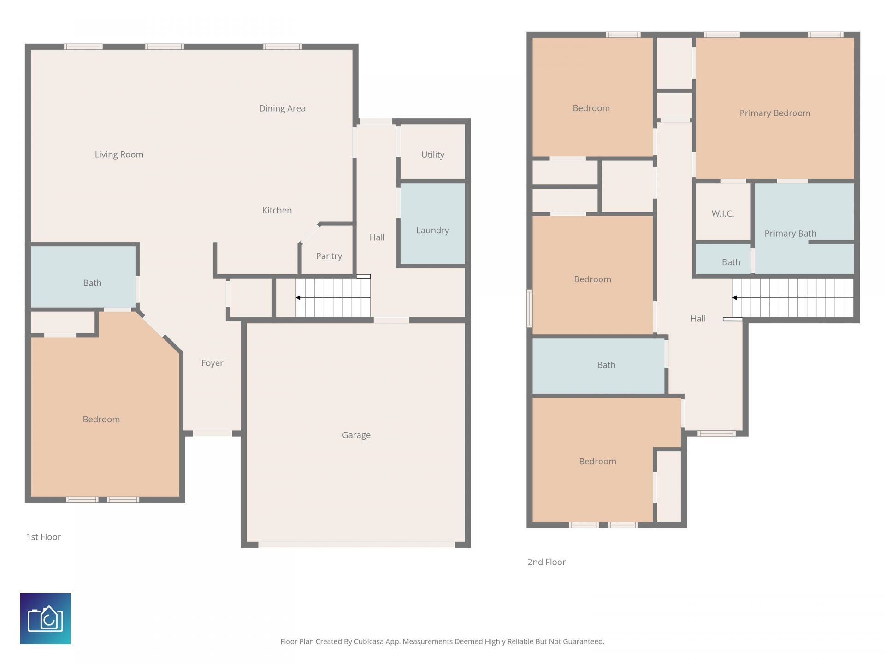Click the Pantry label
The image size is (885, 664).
(x=329, y=256)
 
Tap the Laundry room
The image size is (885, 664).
(x=432, y=230)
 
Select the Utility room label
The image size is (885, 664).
(x=432, y=154)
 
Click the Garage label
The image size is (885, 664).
(x=356, y=435)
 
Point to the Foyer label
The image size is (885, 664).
(x=212, y=363)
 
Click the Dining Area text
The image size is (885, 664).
(x=282, y=108)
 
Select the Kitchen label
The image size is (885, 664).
(x=277, y=210)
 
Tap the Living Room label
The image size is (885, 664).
(x=119, y=154)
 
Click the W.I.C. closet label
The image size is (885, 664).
(x=722, y=213)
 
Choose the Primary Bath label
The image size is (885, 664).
(x=790, y=233)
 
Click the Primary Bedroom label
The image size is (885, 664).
(x=774, y=113)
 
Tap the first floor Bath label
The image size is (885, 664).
(x=92, y=283)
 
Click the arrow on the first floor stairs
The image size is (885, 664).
(x=299, y=298)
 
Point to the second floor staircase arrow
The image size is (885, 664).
(x=735, y=298)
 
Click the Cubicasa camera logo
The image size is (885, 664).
(x=45, y=618)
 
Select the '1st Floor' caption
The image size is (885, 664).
(x=43, y=537)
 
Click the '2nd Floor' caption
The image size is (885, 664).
(x=546, y=562)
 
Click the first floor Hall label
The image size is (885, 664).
(x=377, y=237)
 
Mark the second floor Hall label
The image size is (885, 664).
(x=698, y=319)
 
